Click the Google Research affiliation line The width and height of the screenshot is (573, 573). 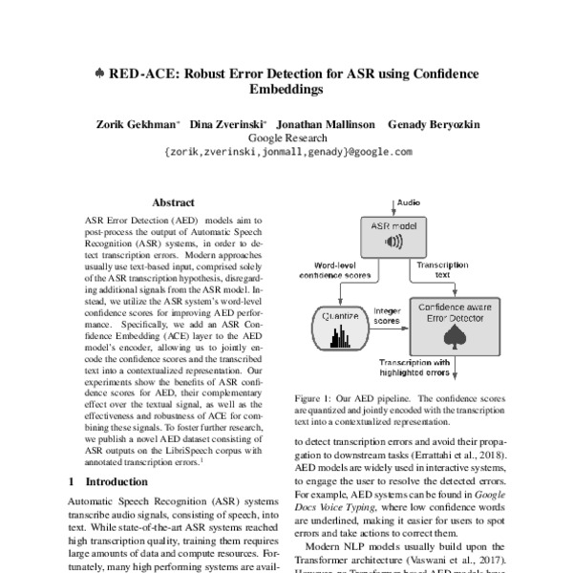point(286,138)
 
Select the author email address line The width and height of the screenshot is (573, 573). point(287,152)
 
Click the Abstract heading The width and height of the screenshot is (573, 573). point(173,203)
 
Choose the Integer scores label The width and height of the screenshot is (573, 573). point(386,315)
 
